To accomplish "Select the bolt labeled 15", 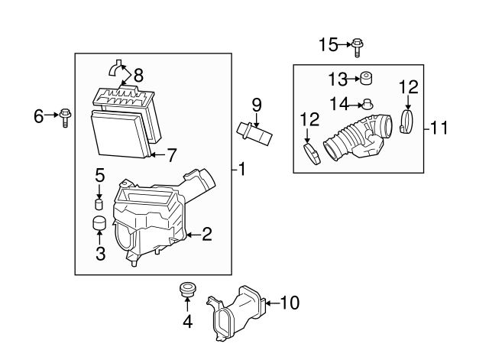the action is click(x=358, y=47).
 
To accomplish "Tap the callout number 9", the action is click(x=257, y=105).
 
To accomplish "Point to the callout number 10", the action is click(x=290, y=303).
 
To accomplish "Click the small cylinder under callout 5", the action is click(x=99, y=204).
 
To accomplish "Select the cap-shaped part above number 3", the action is click(x=100, y=222).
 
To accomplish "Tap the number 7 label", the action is click(x=171, y=155).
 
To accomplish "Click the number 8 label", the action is click(x=138, y=75).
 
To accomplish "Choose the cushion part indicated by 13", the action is click(x=367, y=78).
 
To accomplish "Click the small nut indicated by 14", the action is click(x=368, y=104).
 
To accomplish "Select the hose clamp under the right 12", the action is click(x=406, y=122).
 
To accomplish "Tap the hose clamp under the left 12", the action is click(x=312, y=154).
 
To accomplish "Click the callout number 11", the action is click(x=439, y=128).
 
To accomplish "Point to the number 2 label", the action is click(x=207, y=234).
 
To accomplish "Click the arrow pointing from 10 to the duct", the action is click(x=273, y=303).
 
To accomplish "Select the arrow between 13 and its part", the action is click(x=353, y=79).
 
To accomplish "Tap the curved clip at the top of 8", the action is click(x=115, y=68).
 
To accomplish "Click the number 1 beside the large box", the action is click(x=242, y=170).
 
